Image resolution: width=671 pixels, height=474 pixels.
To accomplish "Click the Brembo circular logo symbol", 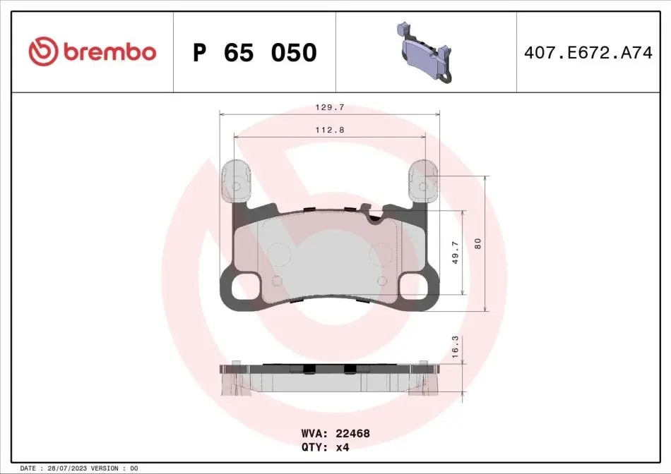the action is pos(43,51).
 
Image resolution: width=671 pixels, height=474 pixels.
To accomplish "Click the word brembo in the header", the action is pos(110,51).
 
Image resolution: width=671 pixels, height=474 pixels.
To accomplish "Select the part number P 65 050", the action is pos(255,53).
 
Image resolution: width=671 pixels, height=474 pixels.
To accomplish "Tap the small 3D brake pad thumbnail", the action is pos(425,51).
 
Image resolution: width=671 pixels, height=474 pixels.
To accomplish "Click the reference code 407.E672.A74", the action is pos(588,53).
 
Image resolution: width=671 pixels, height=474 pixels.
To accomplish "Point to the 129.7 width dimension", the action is pos(330,108).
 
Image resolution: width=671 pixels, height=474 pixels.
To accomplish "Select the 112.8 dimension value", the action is pos(330,130).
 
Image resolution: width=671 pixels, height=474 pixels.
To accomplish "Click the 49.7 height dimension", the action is pos(456,253).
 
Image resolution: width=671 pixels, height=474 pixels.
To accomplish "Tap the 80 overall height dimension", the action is pos(477,243).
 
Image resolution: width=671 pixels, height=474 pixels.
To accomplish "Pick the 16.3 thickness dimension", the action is pos(455,346).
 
